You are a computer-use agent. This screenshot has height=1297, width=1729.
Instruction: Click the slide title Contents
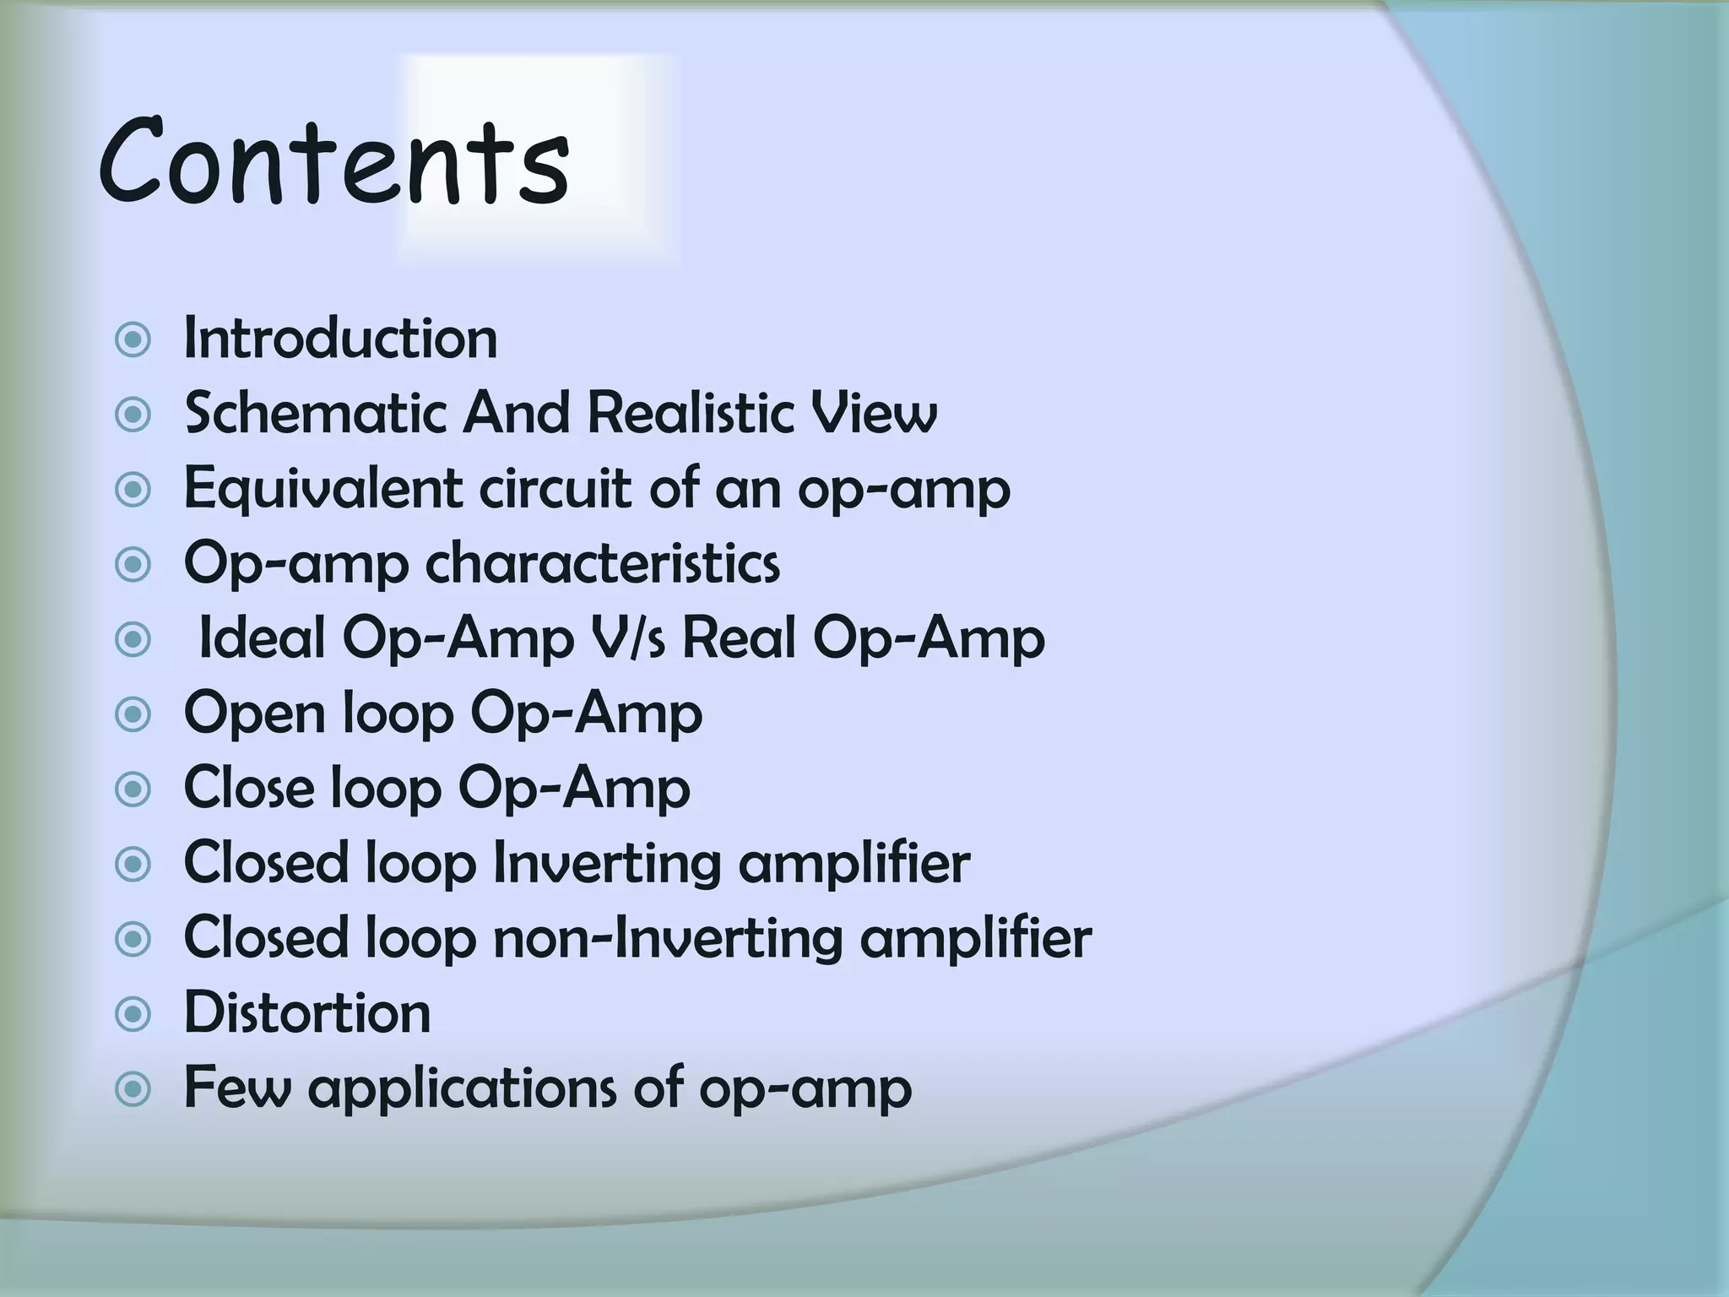[x=333, y=162]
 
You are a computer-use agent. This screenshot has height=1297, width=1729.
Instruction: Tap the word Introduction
[x=340, y=339]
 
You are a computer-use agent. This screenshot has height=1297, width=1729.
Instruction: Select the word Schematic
[x=315, y=414]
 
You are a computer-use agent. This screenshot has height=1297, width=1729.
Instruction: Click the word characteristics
[x=602, y=563]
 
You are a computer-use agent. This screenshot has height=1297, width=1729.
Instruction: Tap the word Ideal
[x=262, y=638]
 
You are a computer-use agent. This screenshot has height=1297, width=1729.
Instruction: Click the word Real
[x=739, y=638]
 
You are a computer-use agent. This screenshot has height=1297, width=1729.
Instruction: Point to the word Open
[x=255, y=714]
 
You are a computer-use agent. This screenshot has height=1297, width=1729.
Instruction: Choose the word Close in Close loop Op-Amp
[x=249, y=788]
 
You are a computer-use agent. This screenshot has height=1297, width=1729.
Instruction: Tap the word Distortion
[x=307, y=1012]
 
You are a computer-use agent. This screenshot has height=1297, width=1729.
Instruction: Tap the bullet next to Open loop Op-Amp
[x=133, y=715]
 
